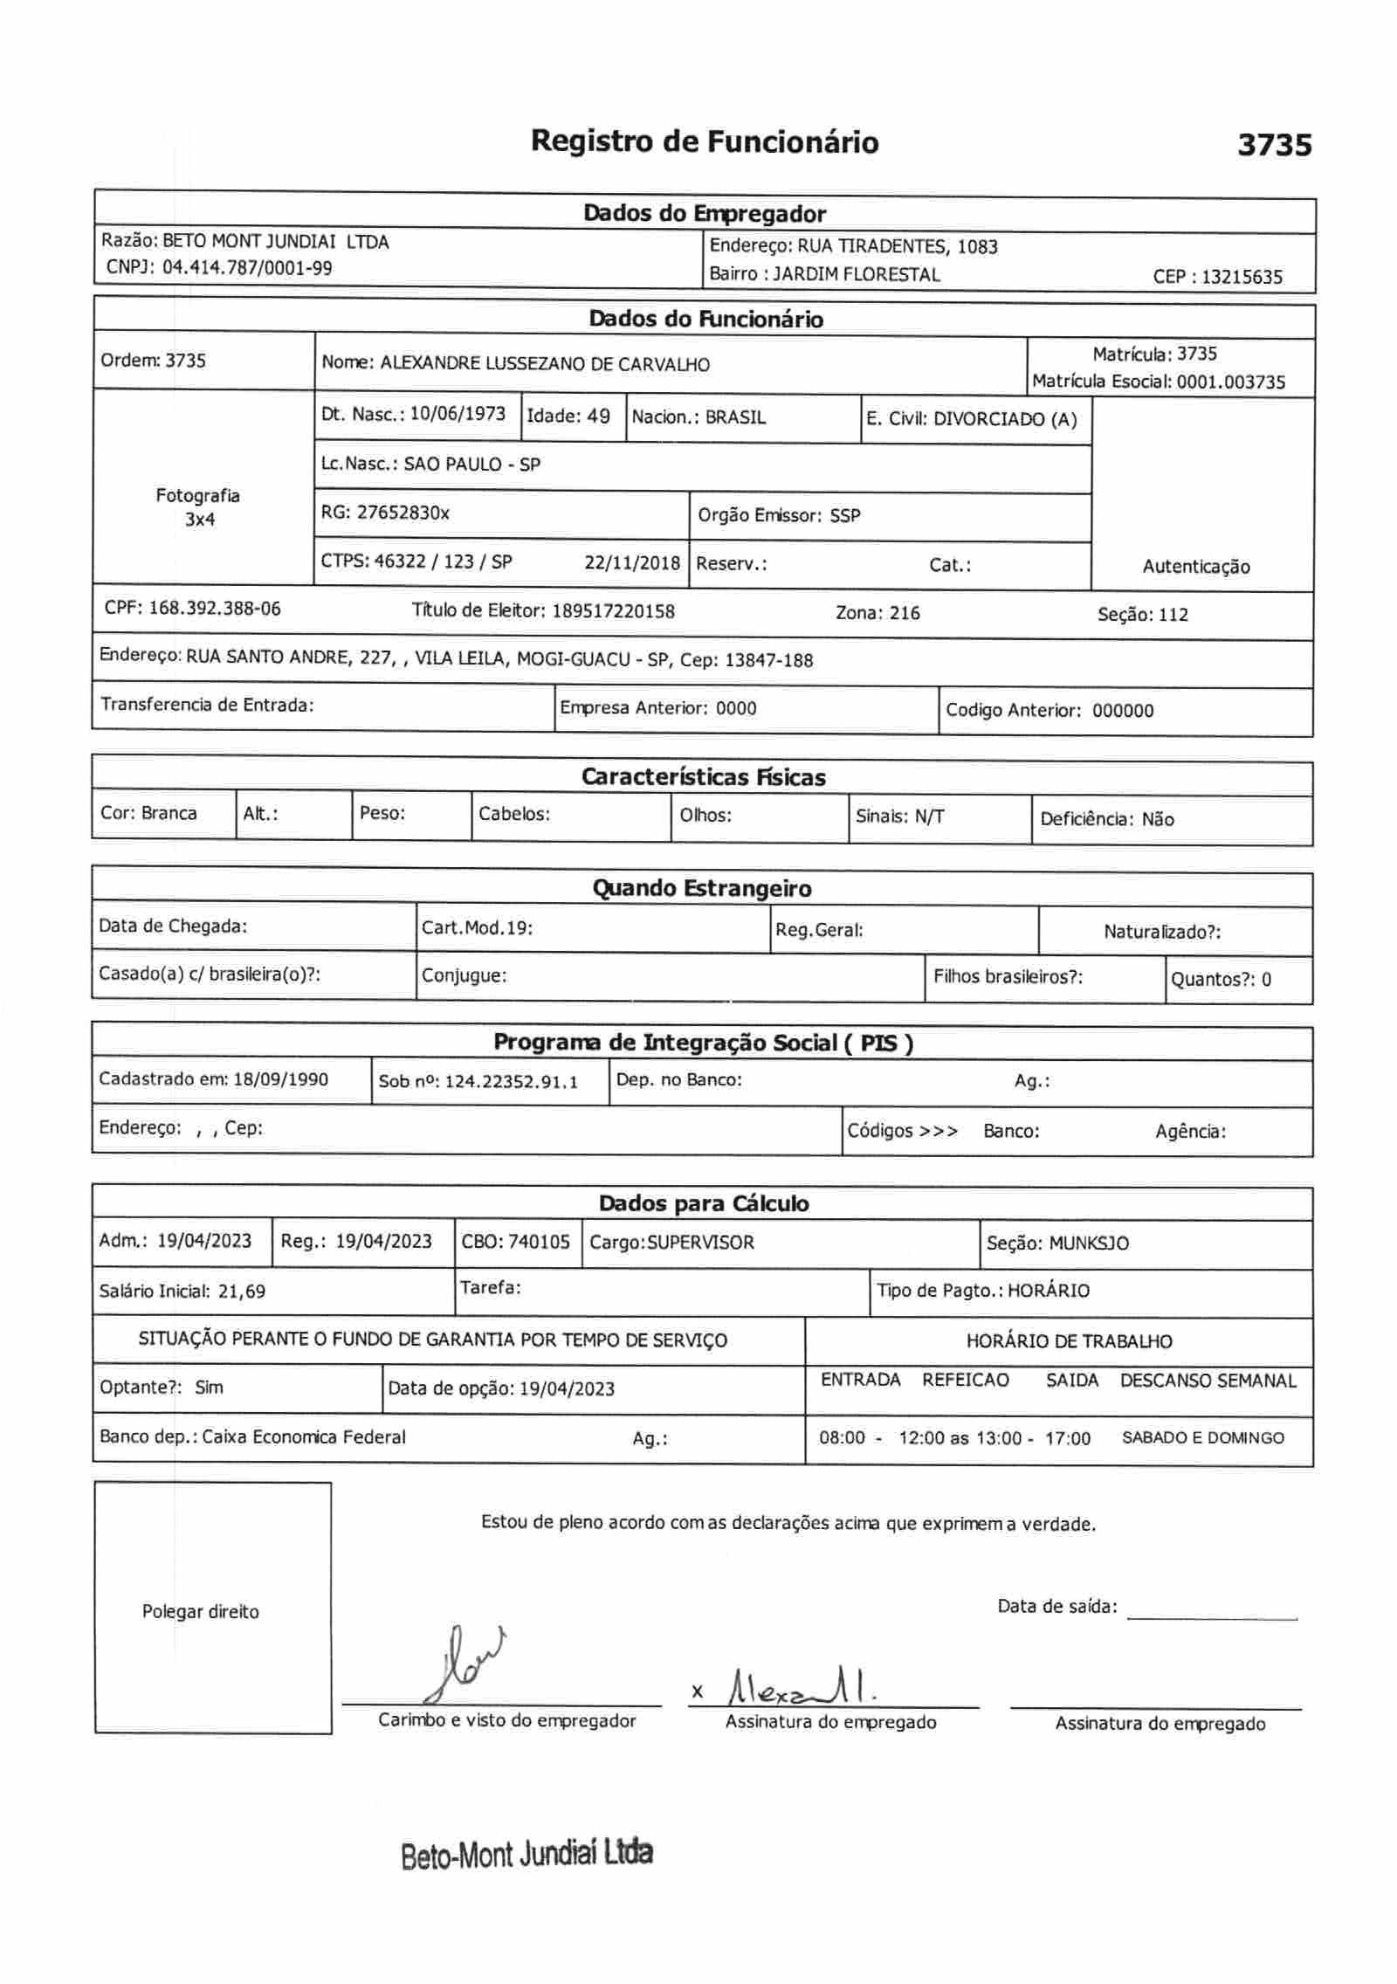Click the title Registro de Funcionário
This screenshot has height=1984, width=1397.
[x=704, y=141]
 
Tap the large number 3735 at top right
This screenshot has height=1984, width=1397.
[x=1274, y=145]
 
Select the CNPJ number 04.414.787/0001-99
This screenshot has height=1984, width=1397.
[x=247, y=268]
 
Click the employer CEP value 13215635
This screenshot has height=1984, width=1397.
[x=1242, y=278]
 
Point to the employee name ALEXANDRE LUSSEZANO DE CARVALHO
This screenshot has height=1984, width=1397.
[x=545, y=364]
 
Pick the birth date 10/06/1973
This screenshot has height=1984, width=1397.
[x=458, y=414]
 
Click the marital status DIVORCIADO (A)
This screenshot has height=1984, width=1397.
[x=1005, y=419]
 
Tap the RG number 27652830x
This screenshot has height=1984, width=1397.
[x=403, y=513]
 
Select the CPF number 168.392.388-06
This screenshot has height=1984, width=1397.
[x=215, y=609]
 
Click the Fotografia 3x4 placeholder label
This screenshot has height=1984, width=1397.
[x=198, y=507]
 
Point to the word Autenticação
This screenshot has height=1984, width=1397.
[x=1195, y=567]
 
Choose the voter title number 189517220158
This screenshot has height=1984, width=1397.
[x=613, y=611]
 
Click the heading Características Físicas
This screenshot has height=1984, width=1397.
[x=703, y=777]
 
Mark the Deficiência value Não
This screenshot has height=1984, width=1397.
[x=1158, y=819]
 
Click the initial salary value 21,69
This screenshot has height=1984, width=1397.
[x=242, y=1292]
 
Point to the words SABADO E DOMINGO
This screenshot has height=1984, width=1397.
[x=1202, y=1438]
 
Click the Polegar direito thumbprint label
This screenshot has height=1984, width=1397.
[x=200, y=1612]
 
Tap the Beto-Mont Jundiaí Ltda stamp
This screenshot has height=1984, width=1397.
[x=526, y=1853]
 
